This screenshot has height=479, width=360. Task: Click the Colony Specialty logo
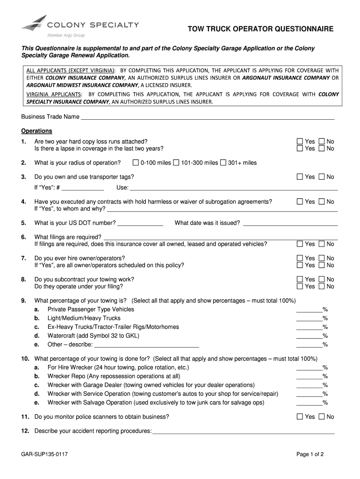(x=80, y=26)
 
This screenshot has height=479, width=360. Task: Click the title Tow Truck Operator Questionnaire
(x=260, y=29)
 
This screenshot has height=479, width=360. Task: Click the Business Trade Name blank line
(x=208, y=116)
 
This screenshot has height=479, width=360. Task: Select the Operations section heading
(x=36, y=131)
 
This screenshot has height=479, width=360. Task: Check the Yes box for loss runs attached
(x=300, y=141)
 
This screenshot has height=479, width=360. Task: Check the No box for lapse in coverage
(x=322, y=148)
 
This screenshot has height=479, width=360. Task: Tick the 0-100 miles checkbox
(x=136, y=163)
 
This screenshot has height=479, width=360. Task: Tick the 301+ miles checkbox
(x=223, y=163)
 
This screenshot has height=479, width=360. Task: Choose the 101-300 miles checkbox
(x=176, y=163)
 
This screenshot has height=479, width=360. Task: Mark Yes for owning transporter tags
(x=300, y=177)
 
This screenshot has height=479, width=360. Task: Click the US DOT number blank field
(x=140, y=223)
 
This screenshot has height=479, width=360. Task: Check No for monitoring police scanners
(x=322, y=416)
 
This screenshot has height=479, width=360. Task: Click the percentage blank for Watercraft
(x=309, y=336)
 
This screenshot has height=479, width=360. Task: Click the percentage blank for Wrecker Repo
(x=309, y=376)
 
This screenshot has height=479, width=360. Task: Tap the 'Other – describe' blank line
(x=147, y=345)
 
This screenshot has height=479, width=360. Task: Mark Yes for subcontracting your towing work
(x=300, y=279)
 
